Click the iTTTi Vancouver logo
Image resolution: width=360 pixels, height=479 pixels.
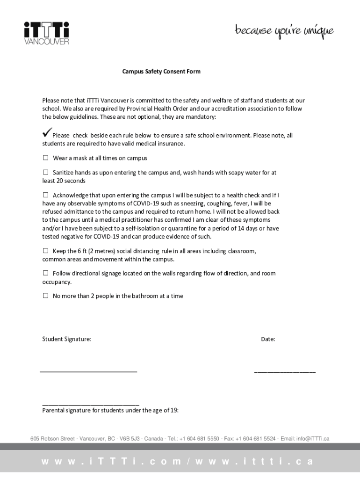(x=46, y=33)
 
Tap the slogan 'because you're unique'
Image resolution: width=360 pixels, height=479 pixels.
(x=284, y=32)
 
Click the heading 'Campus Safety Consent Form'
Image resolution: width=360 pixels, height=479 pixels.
(x=161, y=72)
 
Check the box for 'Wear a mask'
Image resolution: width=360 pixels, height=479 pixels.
(x=46, y=158)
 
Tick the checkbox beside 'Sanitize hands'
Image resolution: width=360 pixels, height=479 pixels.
(x=46, y=172)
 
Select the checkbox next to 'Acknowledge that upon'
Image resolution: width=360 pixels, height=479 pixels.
(x=46, y=195)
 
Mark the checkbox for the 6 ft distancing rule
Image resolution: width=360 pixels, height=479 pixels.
(x=46, y=251)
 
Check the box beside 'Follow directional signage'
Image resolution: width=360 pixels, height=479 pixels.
(x=46, y=273)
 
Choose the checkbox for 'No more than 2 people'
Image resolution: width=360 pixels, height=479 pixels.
(x=46, y=296)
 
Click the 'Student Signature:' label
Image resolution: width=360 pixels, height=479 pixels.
(x=67, y=339)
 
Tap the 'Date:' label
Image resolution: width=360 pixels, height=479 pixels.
(x=268, y=339)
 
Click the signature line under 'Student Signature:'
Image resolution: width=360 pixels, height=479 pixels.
(x=89, y=371)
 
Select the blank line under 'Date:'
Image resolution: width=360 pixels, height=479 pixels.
(x=285, y=372)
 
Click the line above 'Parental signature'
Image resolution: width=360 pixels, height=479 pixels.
(x=91, y=404)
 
